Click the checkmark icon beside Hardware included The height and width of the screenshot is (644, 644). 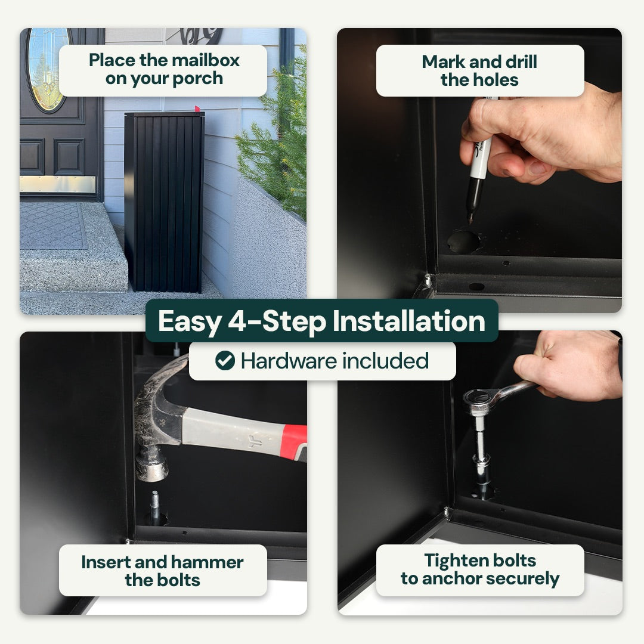pyautogui.click(x=225, y=361)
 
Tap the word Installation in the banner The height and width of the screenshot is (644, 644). pyautogui.click(x=409, y=321)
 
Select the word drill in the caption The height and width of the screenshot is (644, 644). pyautogui.click(x=521, y=62)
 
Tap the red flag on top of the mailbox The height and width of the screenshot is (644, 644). pyautogui.click(x=197, y=109)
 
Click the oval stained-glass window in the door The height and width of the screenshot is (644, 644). pyautogui.click(x=48, y=70)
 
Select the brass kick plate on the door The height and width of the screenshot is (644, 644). pyautogui.click(x=58, y=184)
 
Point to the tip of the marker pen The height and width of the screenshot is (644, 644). pyautogui.click(x=470, y=222)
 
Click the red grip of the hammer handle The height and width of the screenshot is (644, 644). pyautogui.click(x=295, y=442)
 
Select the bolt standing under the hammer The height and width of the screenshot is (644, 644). pyautogui.click(x=155, y=507)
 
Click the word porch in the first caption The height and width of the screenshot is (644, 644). pyautogui.click(x=197, y=79)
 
